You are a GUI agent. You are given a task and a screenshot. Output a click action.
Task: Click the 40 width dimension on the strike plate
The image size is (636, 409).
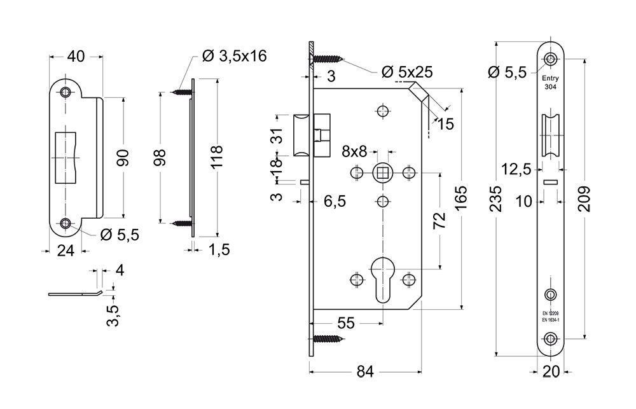[x=76, y=57]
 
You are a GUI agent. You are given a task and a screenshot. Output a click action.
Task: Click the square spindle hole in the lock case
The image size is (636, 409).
[x=382, y=172]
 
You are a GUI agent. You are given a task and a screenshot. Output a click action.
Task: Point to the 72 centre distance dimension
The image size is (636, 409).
[x=439, y=220]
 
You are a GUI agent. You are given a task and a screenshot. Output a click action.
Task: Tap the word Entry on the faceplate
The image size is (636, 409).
[x=550, y=78]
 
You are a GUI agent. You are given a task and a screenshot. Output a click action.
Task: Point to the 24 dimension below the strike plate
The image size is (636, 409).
[x=66, y=251]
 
